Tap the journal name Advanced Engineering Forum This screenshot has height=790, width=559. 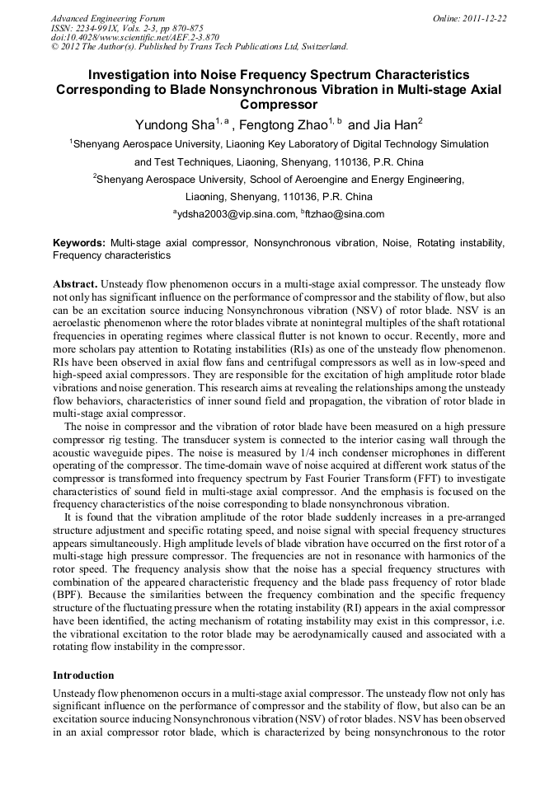(108, 18)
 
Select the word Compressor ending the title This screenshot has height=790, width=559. (279, 105)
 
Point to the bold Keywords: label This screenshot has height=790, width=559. (79, 244)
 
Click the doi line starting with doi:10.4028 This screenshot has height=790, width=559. (136, 37)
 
